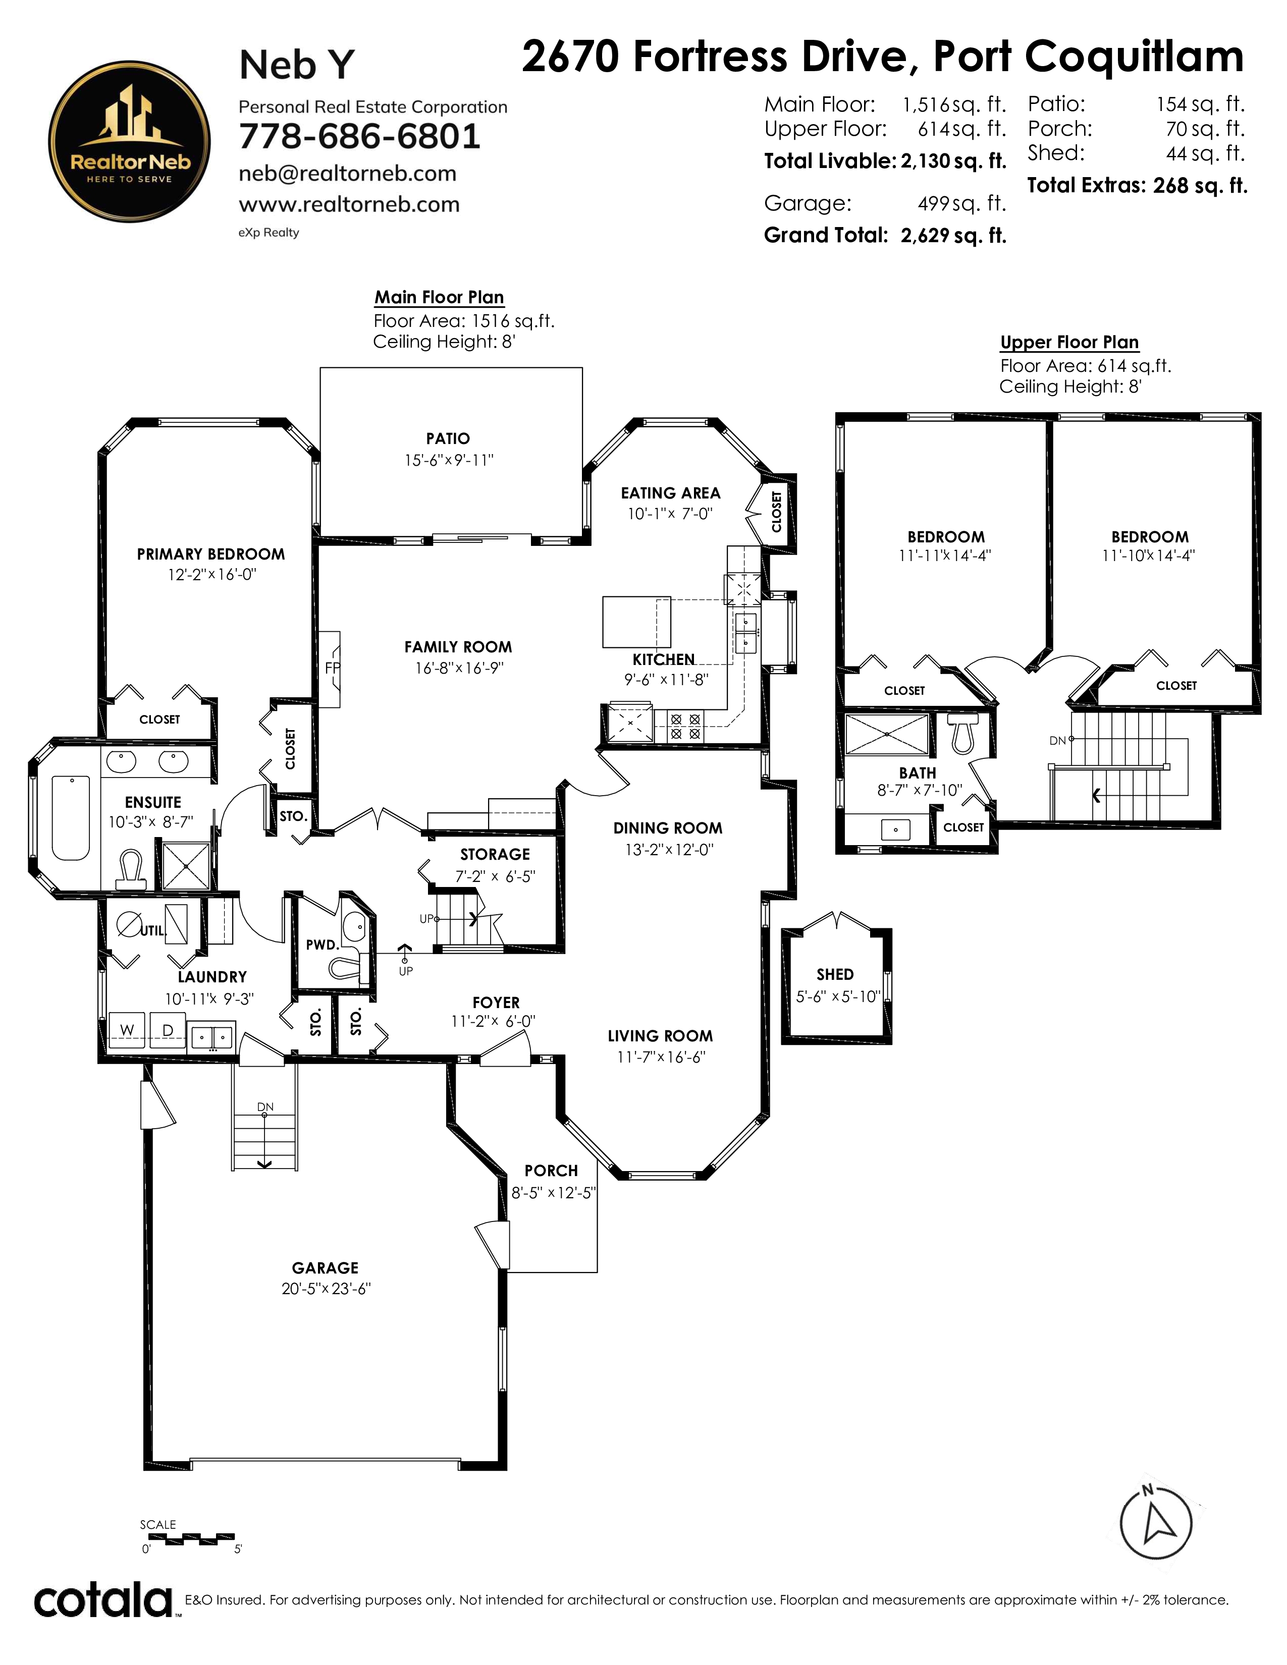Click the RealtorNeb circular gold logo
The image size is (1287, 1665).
point(130,142)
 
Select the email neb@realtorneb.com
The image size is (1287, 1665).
point(348,174)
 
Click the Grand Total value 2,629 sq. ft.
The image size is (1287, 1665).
point(953,236)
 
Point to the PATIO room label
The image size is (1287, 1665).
point(448,438)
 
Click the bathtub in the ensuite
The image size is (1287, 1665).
point(71,818)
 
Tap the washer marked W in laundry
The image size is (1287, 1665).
point(127,1030)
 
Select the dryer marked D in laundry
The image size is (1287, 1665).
point(168,1030)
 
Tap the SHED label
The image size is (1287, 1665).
point(835,974)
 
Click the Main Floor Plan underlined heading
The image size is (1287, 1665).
point(439,297)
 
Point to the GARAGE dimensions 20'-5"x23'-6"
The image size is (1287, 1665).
point(327,1289)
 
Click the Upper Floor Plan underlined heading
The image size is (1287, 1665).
point(1069,342)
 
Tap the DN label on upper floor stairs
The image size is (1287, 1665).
point(1057,740)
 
